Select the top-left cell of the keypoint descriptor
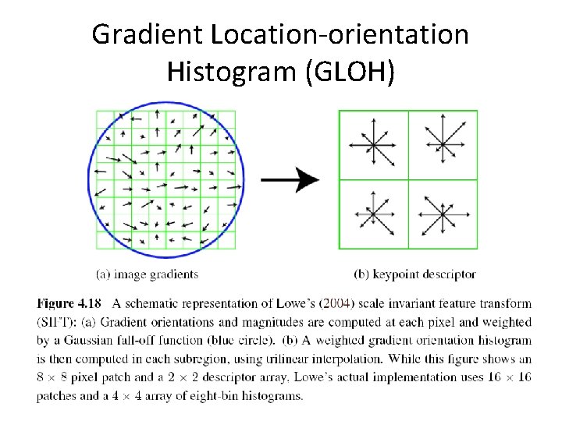point(373,144)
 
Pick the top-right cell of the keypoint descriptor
point(443,144)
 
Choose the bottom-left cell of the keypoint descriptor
point(373,214)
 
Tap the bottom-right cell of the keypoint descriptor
point(443,214)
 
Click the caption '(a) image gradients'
point(147,274)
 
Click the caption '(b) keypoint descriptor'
point(414,274)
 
